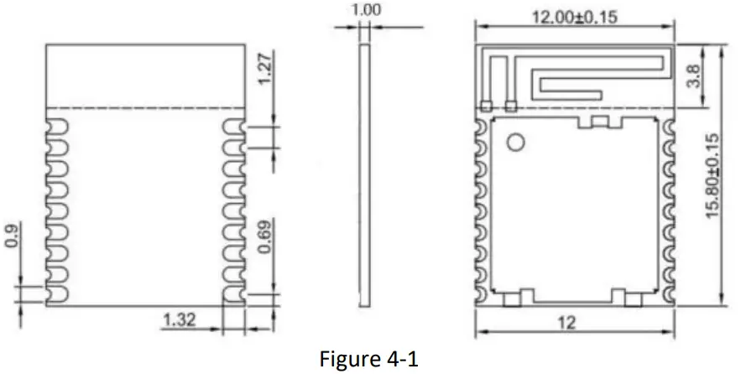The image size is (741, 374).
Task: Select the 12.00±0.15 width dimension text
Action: pos(575,17)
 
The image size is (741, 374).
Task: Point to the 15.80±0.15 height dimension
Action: pos(712,177)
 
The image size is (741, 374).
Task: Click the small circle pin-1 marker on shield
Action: pos(515,144)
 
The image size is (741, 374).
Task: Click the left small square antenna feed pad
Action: pos(485,106)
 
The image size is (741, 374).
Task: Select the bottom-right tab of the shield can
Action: pos(624,297)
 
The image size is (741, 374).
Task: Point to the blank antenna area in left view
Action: pos(144,75)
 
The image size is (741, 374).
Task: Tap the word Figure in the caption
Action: pos(348,358)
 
